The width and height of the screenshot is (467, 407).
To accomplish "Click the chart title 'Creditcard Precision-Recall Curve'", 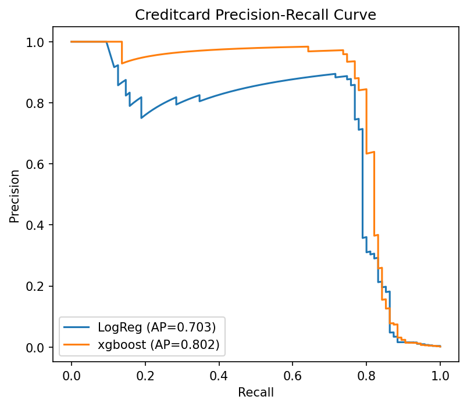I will click(x=256, y=15).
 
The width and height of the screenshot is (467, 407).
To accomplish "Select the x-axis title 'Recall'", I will click(x=256, y=392).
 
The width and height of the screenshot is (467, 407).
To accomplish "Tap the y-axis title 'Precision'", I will click(x=15, y=195).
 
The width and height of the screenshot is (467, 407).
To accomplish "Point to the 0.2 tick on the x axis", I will click(x=145, y=375).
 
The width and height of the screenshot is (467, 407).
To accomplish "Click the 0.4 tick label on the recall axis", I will click(x=219, y=375).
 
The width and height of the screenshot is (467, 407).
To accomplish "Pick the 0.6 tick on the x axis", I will click(x=293, y=375).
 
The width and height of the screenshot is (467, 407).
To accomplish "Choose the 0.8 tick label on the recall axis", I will click(x=366, y=375).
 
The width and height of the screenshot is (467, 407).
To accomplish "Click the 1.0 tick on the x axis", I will click(x=440, y=375).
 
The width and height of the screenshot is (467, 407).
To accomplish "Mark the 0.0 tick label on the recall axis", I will click(x=72, y=375).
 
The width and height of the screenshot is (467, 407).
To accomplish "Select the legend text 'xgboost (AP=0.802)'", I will click(x=158, y=344).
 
